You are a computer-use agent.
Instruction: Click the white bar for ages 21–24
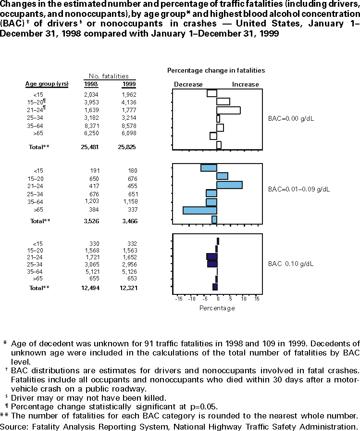(x=228, y=110)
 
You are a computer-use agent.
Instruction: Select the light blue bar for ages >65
(x=200, y=210)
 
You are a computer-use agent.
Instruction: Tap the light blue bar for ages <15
(x=209, y=167)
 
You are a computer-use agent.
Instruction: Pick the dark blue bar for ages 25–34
(x=212, y=264)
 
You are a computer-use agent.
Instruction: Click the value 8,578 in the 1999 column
(x=129, y=127)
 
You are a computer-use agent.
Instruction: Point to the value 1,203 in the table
(x=90, y=202)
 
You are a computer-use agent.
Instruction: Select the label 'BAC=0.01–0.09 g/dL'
(x=299, y=189)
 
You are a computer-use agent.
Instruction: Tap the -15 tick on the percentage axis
(x=179, y=299)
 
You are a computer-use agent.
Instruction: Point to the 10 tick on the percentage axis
(x=244, y=299)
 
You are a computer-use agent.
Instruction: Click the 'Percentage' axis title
(x=217, y=308)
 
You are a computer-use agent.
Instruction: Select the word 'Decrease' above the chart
(x=188, y=84)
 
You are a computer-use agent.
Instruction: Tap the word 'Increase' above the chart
(x=246, y=84)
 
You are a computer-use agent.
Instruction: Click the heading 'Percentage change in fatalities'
(x=216, y=70)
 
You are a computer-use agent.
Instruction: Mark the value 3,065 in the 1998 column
(x=90, y=264)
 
